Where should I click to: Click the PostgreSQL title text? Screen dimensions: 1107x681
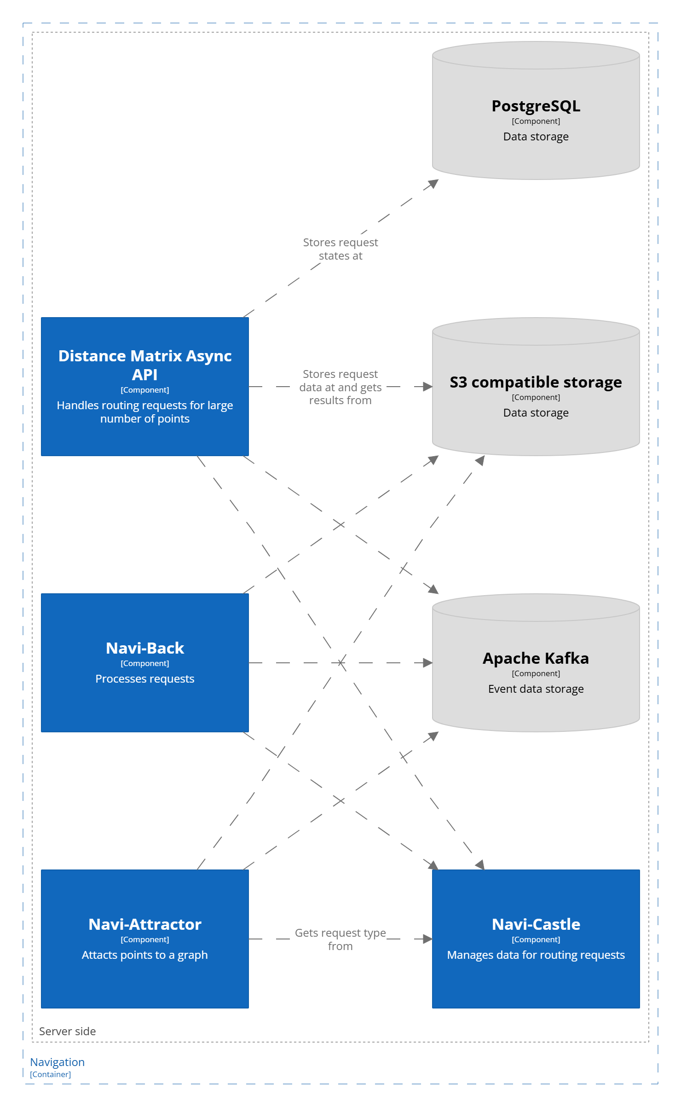536,106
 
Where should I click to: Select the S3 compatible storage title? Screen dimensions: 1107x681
536,382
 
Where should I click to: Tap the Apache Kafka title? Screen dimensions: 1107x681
536,658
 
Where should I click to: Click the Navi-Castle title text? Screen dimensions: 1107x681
536,924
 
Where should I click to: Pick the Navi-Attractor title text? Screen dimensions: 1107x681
145,924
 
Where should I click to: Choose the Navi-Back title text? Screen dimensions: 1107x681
145,648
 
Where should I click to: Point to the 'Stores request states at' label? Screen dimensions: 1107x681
340,249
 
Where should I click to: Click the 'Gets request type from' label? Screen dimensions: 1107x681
340,939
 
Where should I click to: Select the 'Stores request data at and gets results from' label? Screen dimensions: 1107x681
340,387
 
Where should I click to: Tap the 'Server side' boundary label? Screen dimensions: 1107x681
68,1031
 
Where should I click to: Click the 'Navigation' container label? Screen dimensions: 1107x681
58,1062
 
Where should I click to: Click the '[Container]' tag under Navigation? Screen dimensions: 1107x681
51,1074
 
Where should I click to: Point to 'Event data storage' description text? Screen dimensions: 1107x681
536,689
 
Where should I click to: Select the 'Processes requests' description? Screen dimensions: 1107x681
145,678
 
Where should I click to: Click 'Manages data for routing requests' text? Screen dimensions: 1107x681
536,955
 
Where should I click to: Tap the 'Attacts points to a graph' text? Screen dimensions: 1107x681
145,955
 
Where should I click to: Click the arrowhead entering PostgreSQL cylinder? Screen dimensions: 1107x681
433,183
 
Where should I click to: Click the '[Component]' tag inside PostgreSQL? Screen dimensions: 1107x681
536,121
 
